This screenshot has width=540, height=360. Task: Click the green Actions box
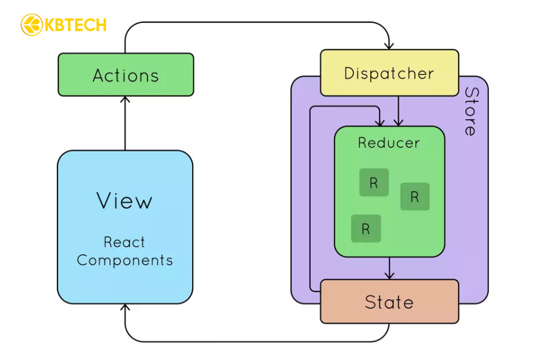click(125, 74)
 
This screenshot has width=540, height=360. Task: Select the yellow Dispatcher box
click(389, 73)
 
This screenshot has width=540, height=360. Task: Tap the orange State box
click(389, 301)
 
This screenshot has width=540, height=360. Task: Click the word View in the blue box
click(125, 201)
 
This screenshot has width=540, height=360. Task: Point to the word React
click(124, 242)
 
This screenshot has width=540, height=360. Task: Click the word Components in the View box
click(125, 260)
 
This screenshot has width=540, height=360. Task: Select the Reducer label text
click(389, 143)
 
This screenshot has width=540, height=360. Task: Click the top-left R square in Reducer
click(374, 182)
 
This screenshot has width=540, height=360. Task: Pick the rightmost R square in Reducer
click(415, 196)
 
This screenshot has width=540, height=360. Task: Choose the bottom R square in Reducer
click(366, 228)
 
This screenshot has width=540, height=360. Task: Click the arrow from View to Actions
click(125, 123)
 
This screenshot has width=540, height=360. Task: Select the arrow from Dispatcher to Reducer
click(398, 111)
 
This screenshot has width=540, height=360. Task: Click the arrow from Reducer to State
click(389, 268)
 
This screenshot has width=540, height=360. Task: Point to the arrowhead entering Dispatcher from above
click(389, 45)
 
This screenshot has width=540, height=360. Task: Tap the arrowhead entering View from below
click(125, 308)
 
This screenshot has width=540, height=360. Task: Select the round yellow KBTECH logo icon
click(31, 25)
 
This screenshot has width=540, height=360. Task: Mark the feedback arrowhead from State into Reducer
click(379, 122)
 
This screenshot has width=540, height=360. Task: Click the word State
click(389, 302)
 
